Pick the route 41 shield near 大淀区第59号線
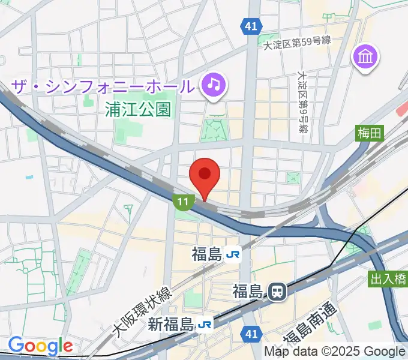coord(251,25)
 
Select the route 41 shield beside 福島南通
coord(251,332)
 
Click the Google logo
coord(40,346)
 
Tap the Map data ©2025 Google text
coord(335,352)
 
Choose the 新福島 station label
coord(170,325)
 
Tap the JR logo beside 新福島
coord(205,325)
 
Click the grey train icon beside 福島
coord(277,292)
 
